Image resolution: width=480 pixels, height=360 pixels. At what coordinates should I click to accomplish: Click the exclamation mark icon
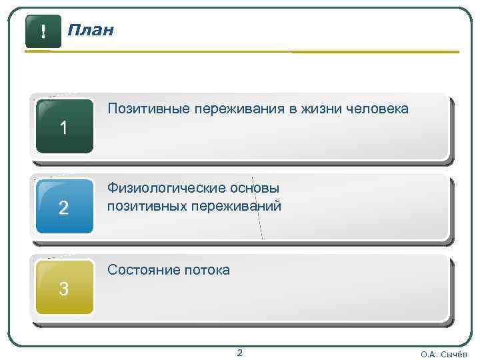click(x=43, y=31)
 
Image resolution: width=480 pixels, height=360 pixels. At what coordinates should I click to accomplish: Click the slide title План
click(x=91, y=31)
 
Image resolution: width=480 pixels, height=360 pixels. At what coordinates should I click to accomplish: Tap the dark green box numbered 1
click(x=64, y=127)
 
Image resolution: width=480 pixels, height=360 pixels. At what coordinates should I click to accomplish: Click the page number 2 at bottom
click(x=240, y=353)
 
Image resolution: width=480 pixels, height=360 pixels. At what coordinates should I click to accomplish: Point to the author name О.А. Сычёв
click(x=444, y=354)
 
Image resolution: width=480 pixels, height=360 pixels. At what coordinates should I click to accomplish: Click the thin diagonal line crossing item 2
click(x=259, y=213)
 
